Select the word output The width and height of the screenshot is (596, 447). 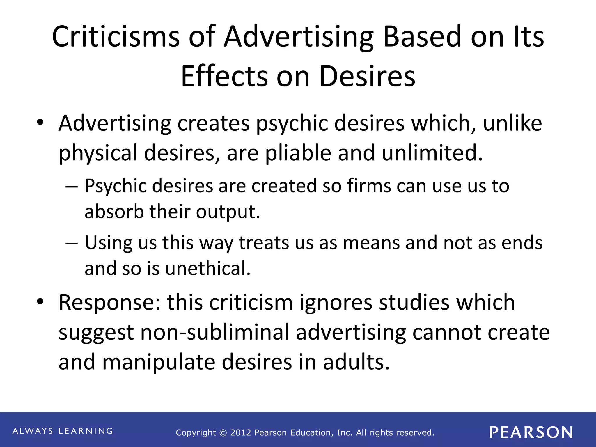click(x=228, y=212)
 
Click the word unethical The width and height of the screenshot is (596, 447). click(x=208, y=268)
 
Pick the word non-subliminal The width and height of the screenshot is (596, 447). click(x=215, y=332)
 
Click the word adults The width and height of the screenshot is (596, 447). click(x=356, y=362)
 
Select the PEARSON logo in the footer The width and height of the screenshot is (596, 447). click(x=531, y=432)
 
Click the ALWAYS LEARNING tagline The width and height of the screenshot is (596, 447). click(x=63, y=431)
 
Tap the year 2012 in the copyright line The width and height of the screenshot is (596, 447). click(x=241, y=433)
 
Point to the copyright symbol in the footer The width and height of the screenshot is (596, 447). click(x=223, y=433)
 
